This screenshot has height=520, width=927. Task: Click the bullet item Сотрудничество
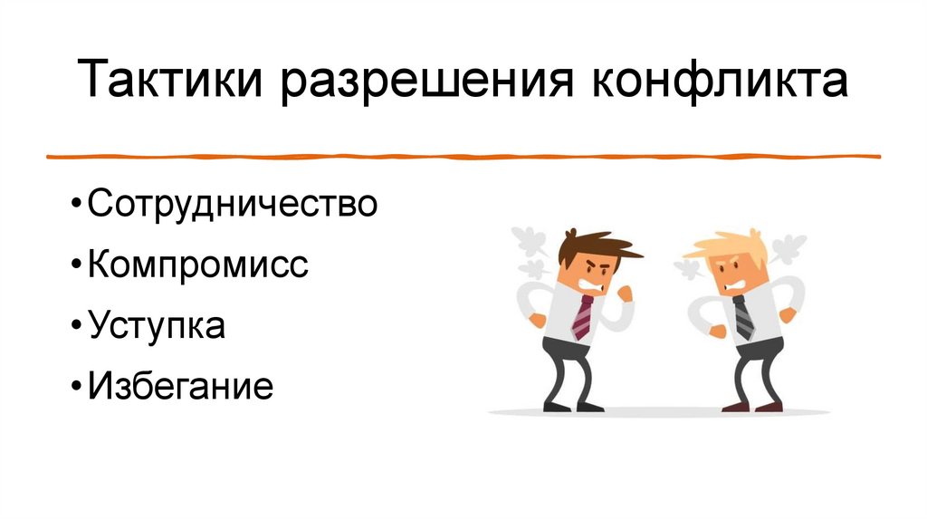[232, 203]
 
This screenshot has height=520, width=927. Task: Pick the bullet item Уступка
[157, 325]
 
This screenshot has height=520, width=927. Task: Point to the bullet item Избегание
[180, 387]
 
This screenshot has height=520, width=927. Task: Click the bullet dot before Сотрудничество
[75, 205]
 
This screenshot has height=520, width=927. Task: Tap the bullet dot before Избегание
[75, 389]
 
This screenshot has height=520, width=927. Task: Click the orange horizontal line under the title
[463, 157]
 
